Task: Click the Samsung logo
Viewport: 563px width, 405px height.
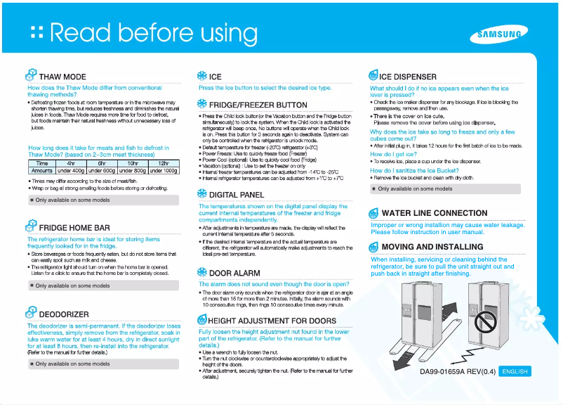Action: point(499,34)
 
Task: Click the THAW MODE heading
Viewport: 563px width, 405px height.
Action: point(62,77)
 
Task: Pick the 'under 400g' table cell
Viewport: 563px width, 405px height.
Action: point(71,171)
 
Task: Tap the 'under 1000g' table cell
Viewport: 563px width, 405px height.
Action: point(164,171)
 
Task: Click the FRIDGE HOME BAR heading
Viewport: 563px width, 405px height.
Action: point(74,228)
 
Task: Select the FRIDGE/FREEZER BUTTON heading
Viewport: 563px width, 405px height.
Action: point(258,105)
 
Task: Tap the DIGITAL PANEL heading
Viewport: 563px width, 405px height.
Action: point(237,195)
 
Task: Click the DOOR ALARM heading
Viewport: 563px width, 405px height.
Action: point(234,273)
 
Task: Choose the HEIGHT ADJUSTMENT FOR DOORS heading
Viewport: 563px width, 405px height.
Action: point(272,321)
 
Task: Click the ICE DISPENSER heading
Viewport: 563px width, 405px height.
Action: point(408,77)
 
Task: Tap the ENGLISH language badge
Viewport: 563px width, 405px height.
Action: point(515,371)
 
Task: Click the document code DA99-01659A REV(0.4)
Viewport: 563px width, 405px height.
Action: point(458,371)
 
